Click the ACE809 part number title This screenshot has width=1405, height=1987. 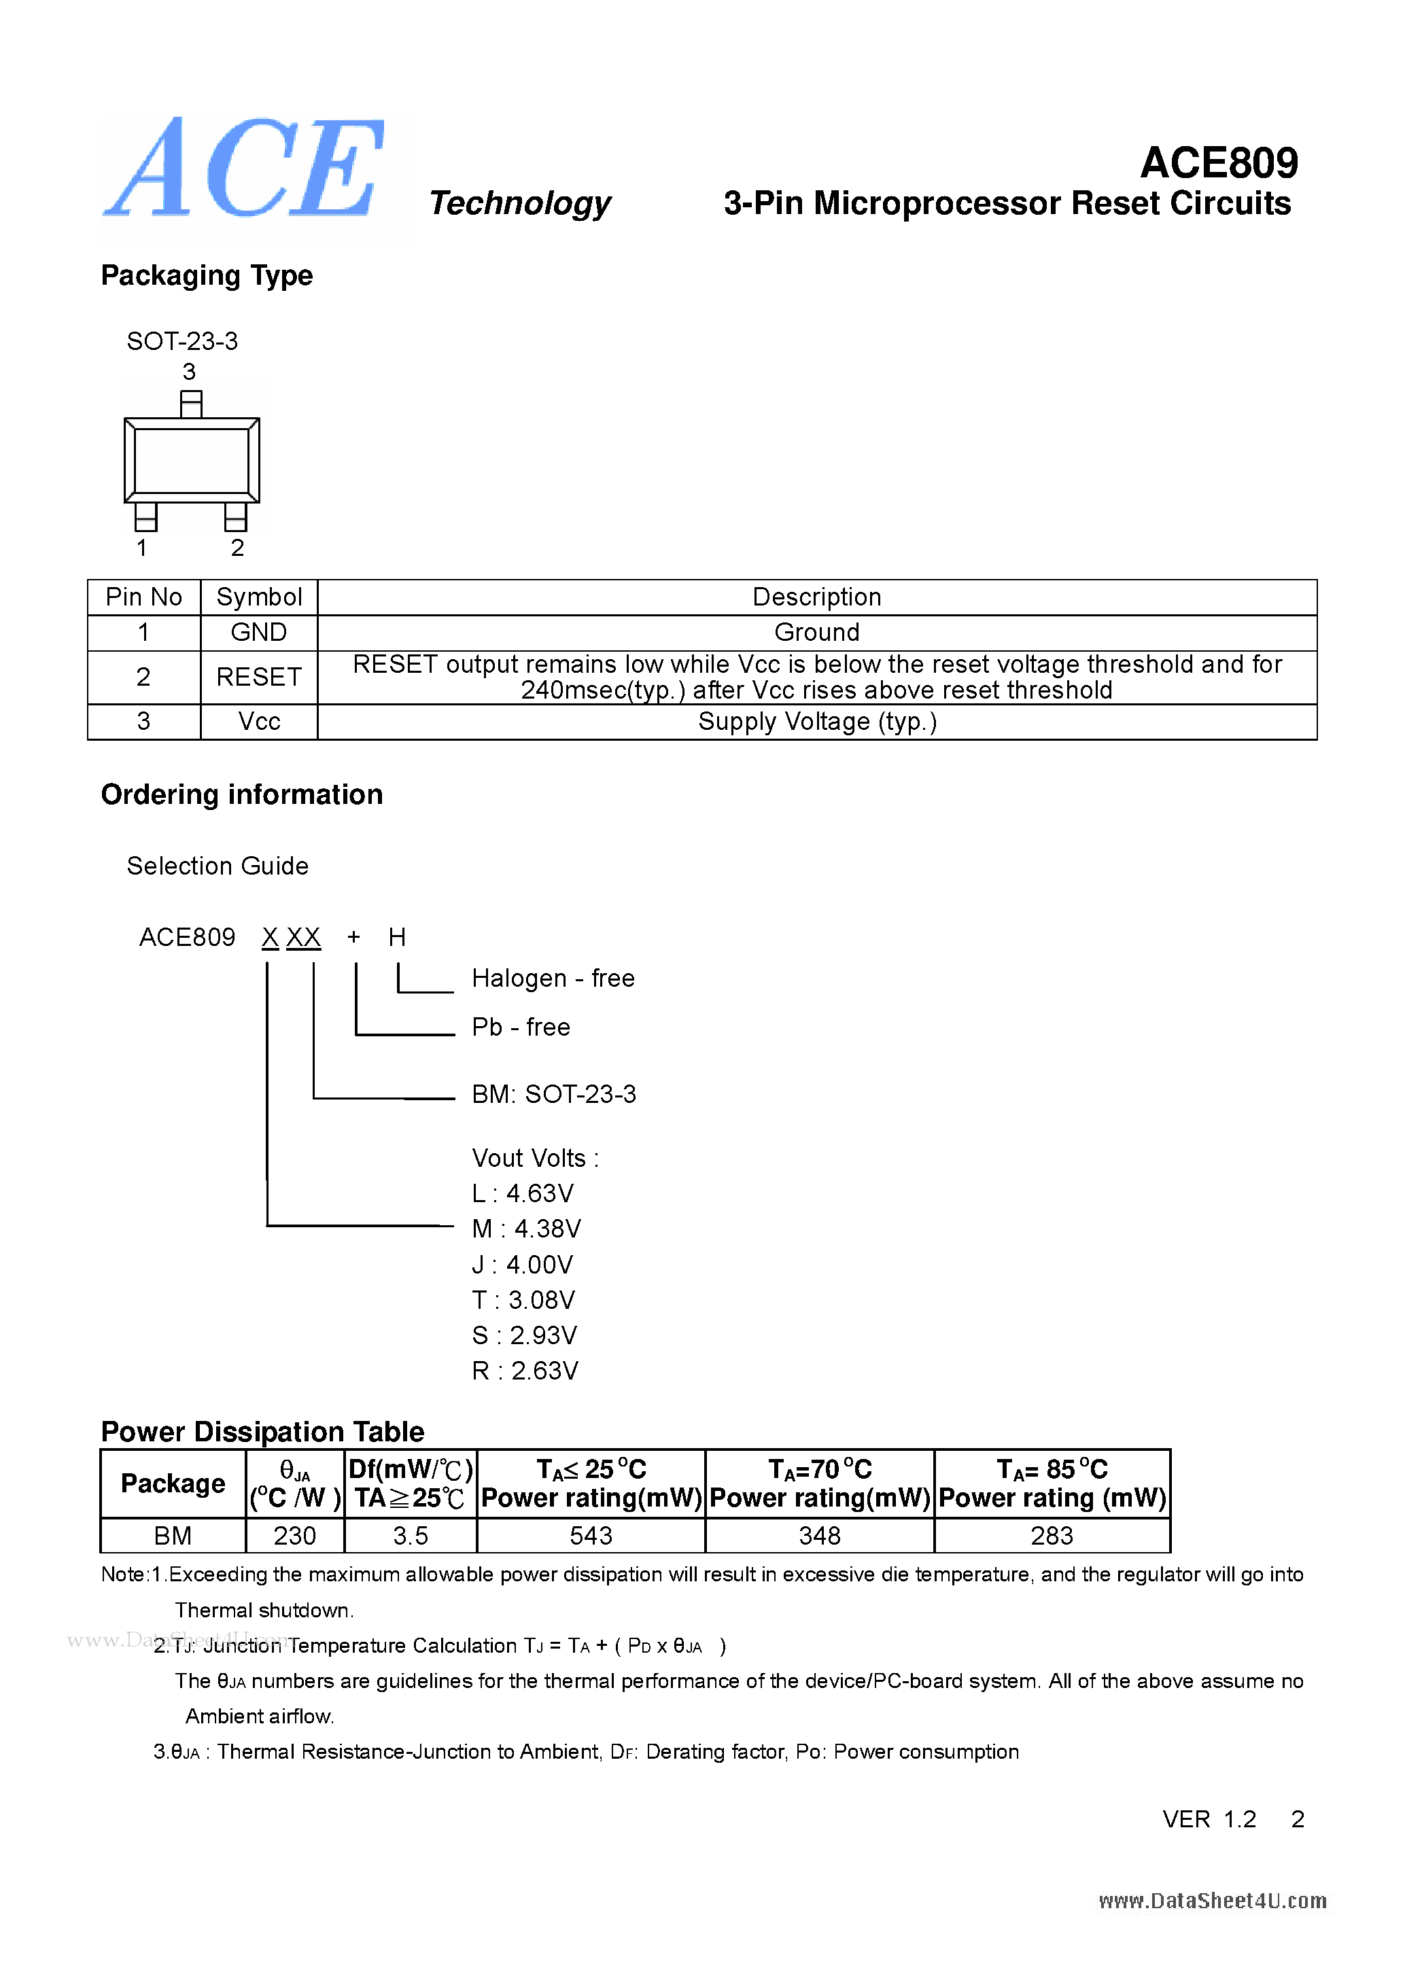(x=1218, y=162)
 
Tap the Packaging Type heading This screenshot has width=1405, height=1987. (x=206, y=275)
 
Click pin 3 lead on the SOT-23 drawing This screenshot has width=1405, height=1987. (x=190, y=404)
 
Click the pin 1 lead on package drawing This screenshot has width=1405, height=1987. (x=145, y=516)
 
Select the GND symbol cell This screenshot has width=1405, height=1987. (x=258, y=633)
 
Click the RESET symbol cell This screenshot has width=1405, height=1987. (x=258, y=677)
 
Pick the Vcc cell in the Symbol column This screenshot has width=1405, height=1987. (x=258, y=722)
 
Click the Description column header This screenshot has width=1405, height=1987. (x=816, y=597)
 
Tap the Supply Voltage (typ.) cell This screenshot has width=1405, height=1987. (x=816, y=722)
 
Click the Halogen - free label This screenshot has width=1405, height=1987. (x=553, y=978)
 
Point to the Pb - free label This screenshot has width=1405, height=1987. (x=520, y=1027)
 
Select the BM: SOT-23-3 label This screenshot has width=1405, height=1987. (x=553, y=1094)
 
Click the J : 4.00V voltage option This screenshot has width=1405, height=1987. (x=522, y=1265)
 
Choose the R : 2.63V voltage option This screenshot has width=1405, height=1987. (x=525, y=1371)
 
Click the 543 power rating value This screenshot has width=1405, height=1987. (x=591, y=1535)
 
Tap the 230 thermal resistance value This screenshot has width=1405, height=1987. (x=294, y=1535)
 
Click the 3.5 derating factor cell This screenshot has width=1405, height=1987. (x=411, y=1535)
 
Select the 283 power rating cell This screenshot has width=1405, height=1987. (x=1051, y=1535)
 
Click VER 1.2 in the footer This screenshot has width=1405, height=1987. (x=1209, y=1819)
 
